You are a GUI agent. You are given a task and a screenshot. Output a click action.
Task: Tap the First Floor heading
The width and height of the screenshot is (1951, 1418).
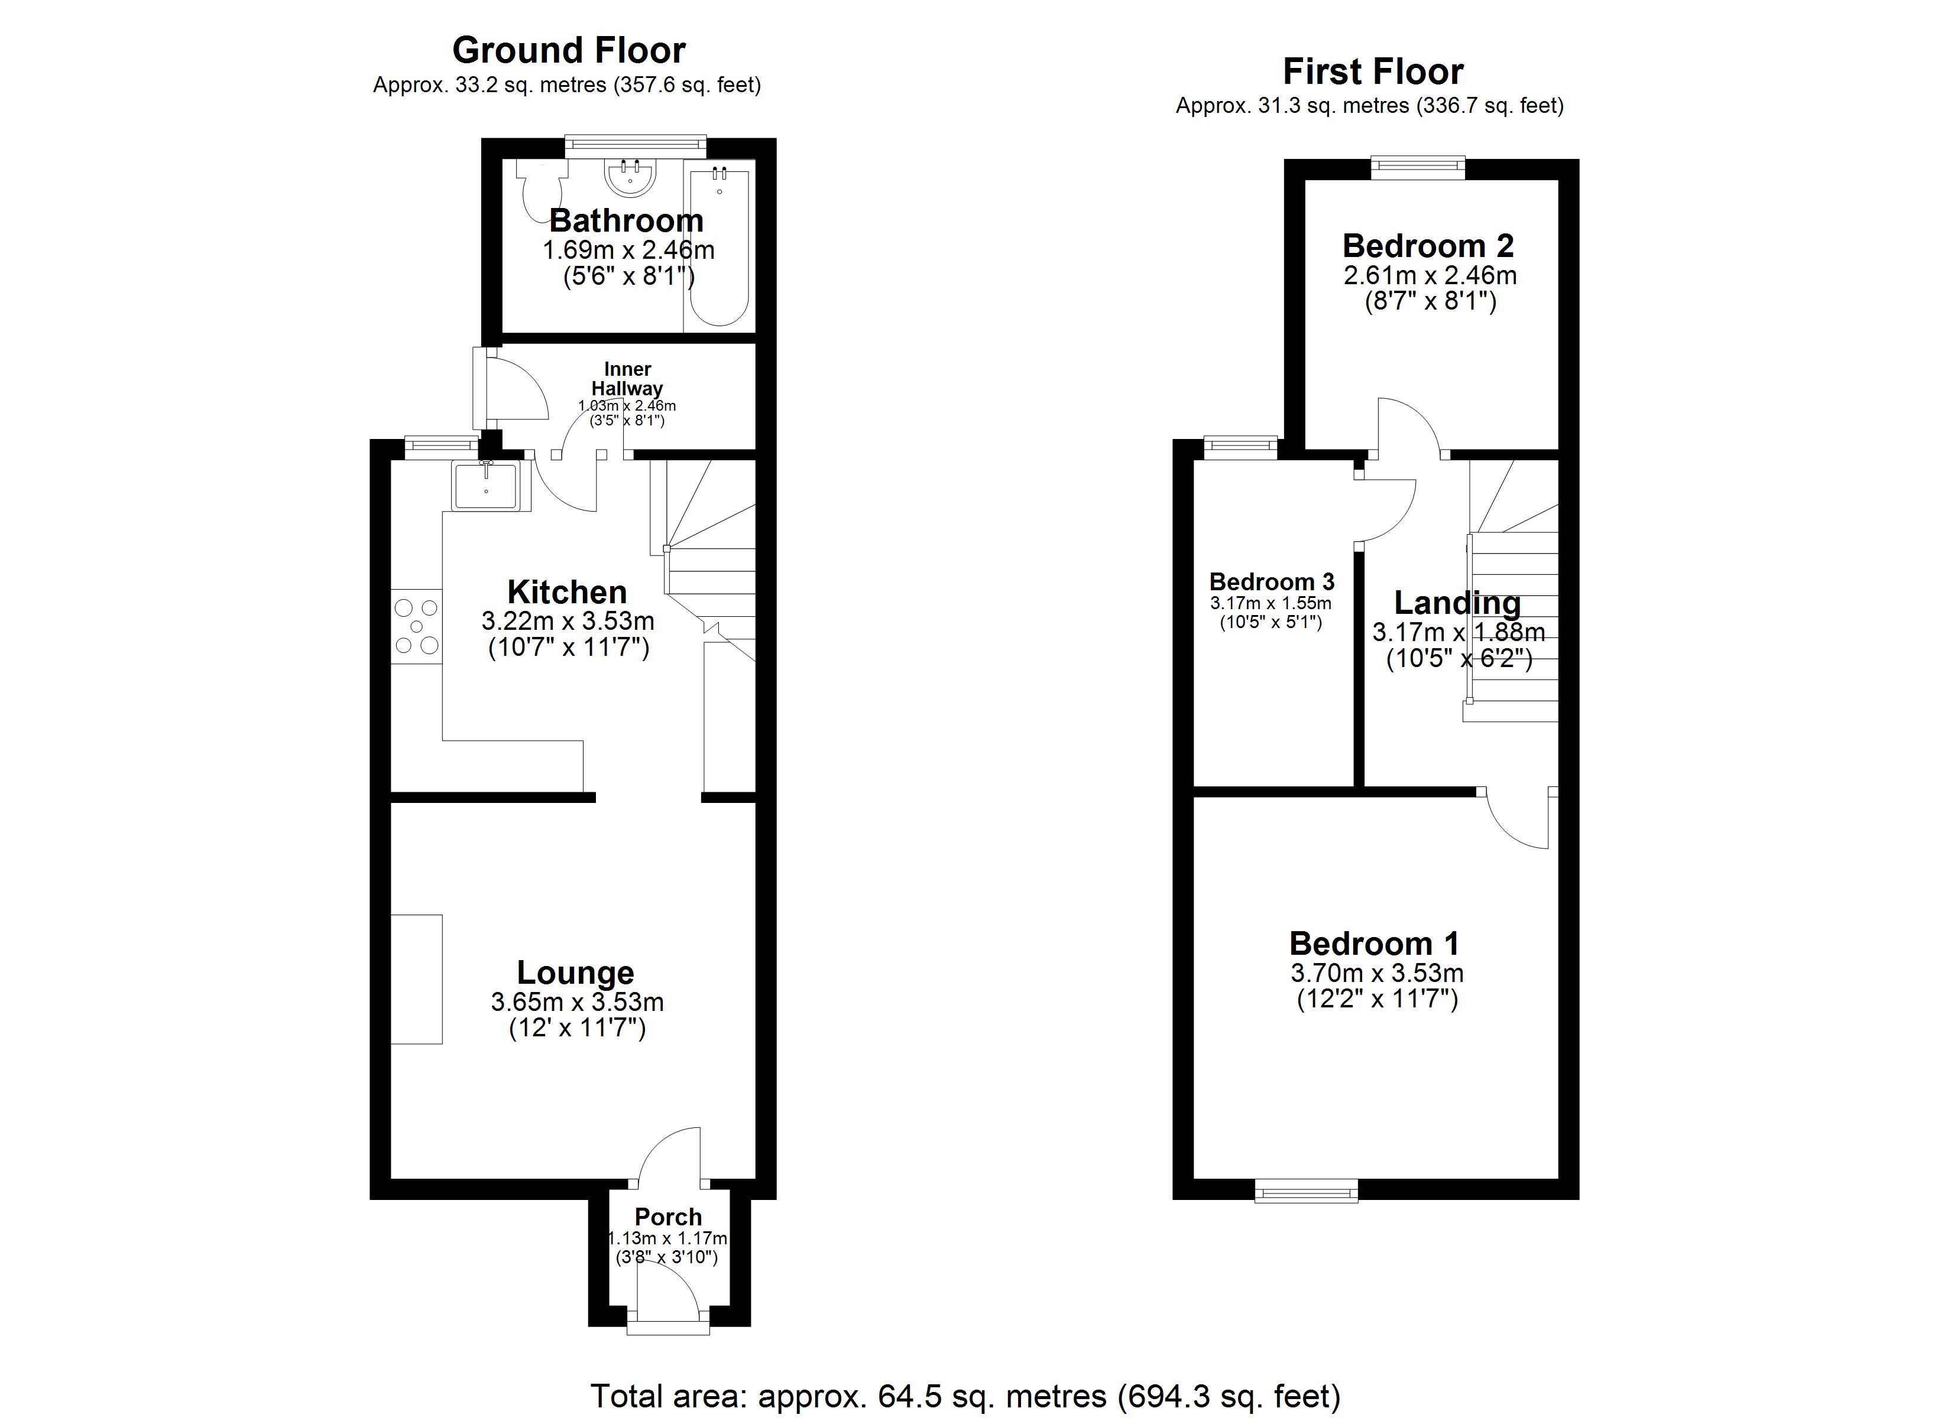pos(1373,71)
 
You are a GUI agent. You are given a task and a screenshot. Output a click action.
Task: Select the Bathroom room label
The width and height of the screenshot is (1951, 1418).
pos(626,221)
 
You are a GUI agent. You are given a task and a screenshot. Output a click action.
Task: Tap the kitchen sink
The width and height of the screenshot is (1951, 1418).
pos(486,485)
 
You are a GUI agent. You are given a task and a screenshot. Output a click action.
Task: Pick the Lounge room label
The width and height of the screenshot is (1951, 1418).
pos(575,973)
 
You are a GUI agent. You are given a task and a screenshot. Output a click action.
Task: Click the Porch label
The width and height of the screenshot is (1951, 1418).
pos(669,1217)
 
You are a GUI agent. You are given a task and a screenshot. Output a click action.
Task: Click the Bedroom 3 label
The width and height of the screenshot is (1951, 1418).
pos(1272,581)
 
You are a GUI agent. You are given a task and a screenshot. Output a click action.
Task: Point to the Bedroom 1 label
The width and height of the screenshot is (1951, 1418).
pos(1375,944)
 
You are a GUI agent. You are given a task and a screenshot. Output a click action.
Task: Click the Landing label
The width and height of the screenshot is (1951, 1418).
pos(1457,603)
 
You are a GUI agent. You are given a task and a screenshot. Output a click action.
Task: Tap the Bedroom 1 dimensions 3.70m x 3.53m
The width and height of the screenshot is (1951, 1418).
pos(1376,974)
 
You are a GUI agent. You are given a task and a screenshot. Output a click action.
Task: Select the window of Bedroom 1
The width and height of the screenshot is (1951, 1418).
pos(1306,1190)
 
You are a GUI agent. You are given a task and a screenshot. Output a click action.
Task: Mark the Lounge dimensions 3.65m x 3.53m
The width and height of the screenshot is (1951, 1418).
pos(577,1003)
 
